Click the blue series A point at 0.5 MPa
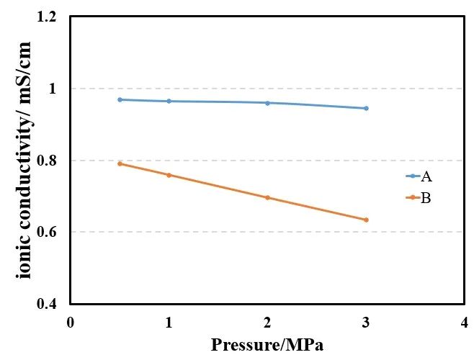pos(120,99)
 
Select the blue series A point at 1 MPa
pos(169,101)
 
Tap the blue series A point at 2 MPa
pos(267,103)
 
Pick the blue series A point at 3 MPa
pos(366,108)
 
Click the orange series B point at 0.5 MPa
pos(120,163)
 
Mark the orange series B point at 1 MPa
pos(169,175)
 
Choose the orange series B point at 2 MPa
pos(267,197)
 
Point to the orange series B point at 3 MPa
pos(366,220)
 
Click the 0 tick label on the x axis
pos(70,322)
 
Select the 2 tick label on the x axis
pos(267,322)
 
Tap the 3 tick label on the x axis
pos(366,322)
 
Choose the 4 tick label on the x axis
pos(465,322)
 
